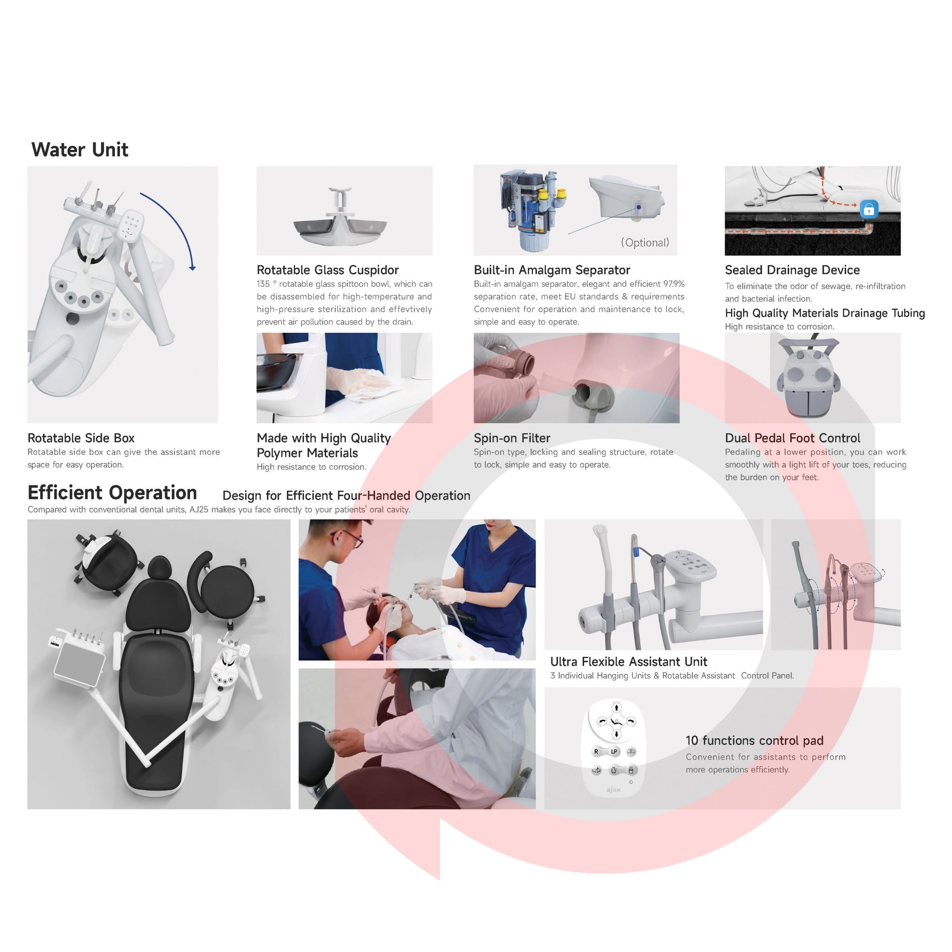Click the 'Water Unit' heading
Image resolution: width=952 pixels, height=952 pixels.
point(80,150)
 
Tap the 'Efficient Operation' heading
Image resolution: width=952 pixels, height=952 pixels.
point(112,493)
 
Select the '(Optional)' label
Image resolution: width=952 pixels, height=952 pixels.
point(645,243)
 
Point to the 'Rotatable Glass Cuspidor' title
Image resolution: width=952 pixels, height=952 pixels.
point(328,270)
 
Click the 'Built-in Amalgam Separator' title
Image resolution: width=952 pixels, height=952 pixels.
point(552,270)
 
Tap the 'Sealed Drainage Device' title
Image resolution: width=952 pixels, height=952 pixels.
point(793,270)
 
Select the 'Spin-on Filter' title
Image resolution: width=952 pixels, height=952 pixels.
point(512,438)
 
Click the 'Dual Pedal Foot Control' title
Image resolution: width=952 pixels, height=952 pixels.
point(793,438)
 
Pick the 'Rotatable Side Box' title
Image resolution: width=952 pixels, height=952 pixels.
point(81,438)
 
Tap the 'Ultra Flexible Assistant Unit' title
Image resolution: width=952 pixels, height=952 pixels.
point(629,662)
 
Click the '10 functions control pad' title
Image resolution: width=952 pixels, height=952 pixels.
point(754,740)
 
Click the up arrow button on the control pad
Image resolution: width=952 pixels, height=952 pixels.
point(616,708)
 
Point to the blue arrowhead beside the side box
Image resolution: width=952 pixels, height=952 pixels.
point(192,268)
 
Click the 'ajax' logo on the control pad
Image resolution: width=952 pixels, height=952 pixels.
point(614,790)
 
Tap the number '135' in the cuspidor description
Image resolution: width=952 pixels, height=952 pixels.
point(263,284)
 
